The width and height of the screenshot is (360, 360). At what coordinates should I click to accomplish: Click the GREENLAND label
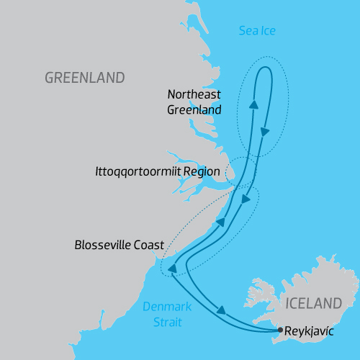pos(84,77)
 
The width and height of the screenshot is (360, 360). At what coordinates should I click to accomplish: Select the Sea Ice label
pos(256,30)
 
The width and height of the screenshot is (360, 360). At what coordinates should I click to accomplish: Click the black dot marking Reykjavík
pos(280,330)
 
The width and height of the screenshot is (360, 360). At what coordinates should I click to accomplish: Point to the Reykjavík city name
pos(310,331)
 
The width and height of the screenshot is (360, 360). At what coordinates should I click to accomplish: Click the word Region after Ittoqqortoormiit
pos(202,172)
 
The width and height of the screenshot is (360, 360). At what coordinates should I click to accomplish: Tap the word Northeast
pos(193,94)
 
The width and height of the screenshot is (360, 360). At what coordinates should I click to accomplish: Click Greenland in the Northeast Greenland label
pos(193,109)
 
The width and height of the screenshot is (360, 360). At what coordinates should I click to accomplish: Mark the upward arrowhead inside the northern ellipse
pos(253,105)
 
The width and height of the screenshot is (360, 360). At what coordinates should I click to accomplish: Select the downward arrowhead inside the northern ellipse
pos(265,132)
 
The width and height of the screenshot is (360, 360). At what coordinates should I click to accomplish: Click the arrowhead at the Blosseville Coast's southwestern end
pos(173,269)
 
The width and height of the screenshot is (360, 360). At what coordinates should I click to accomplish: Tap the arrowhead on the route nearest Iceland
pos(221,311)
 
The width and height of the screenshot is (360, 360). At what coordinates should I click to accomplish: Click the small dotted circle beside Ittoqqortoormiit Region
pos(232,171)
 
